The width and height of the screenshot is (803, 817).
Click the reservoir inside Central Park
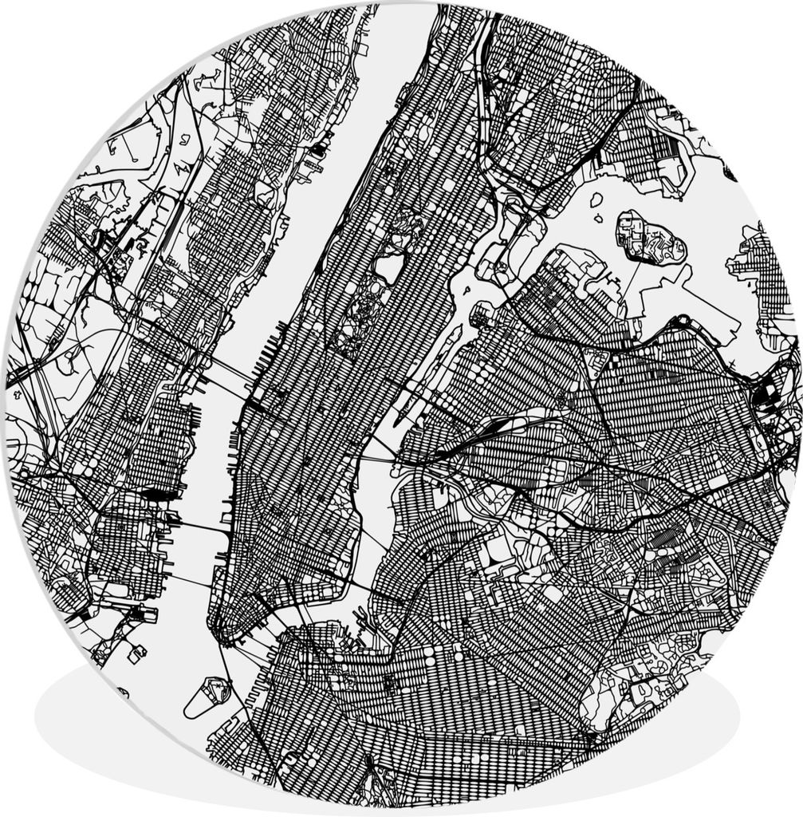389,265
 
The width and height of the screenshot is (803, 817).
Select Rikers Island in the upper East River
650,237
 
